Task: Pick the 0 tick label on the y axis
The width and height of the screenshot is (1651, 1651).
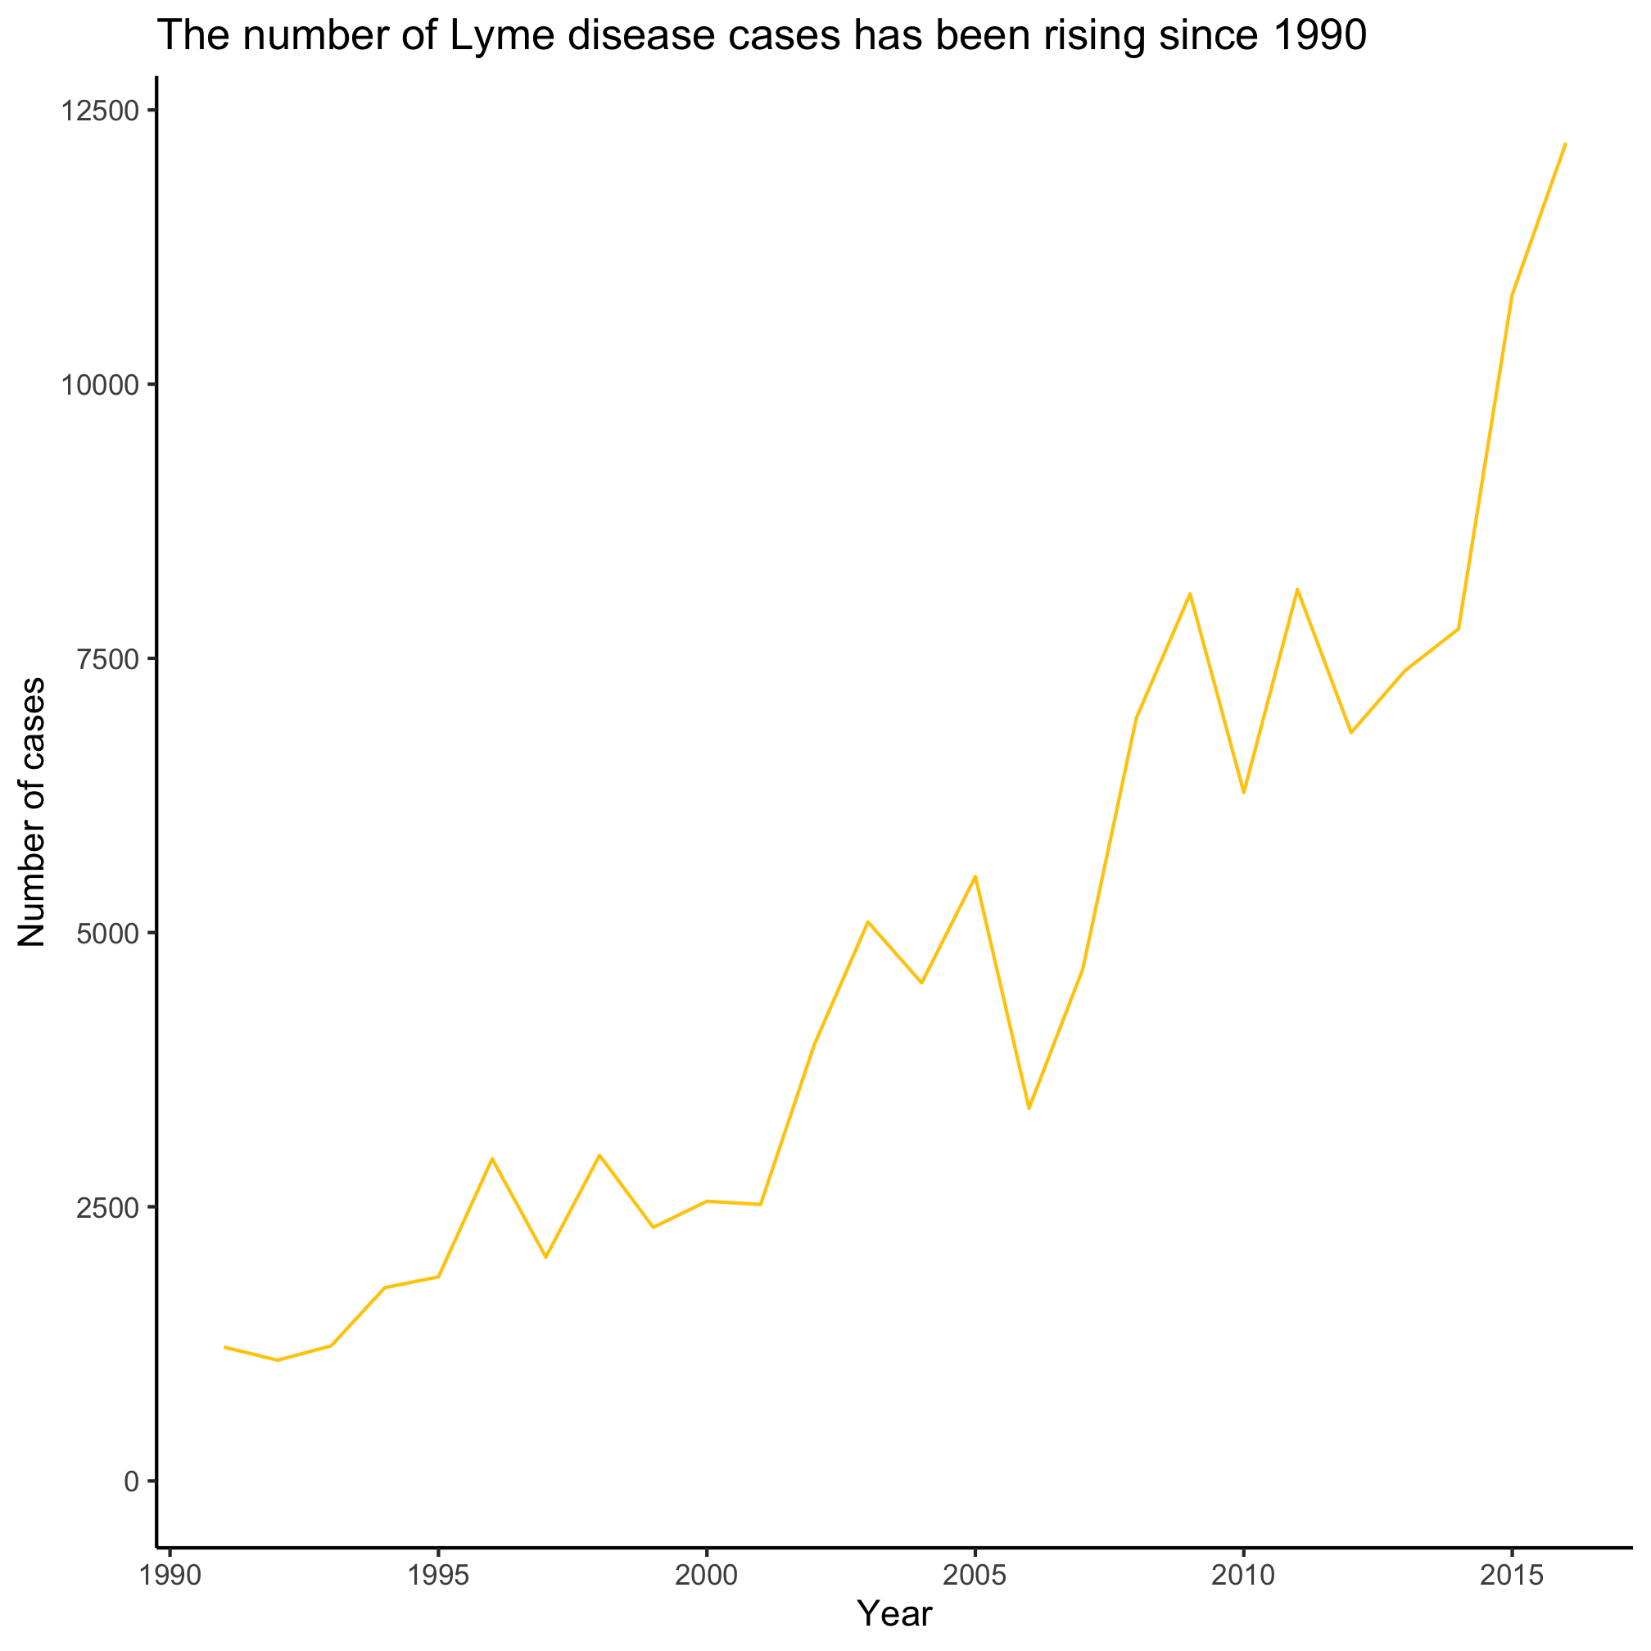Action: coord(132,1481)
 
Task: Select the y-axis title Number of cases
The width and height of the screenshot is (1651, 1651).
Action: coord(33,812)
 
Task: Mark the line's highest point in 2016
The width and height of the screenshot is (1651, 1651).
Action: coord(1565,144)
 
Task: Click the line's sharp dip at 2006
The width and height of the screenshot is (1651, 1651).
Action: coord(1029,1108)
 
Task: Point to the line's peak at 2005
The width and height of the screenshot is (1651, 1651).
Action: coord(975,876)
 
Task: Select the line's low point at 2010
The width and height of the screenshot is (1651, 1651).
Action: coord(1243,793)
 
